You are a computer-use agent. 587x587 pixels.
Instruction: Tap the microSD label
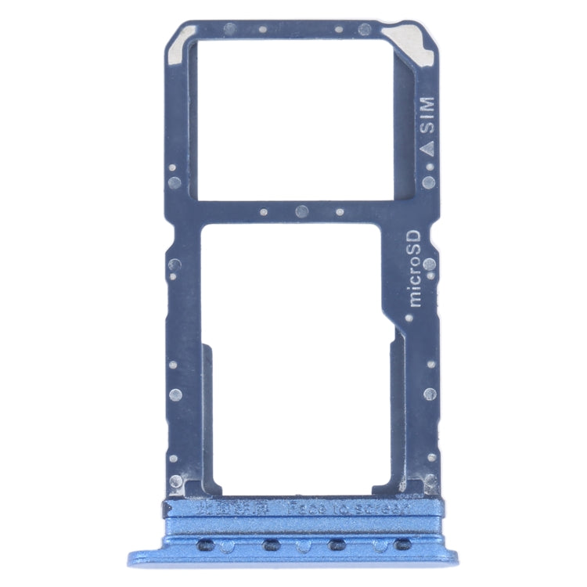click(x=416, y=268)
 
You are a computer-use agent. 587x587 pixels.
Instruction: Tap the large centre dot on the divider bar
click(x=301, y=211)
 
